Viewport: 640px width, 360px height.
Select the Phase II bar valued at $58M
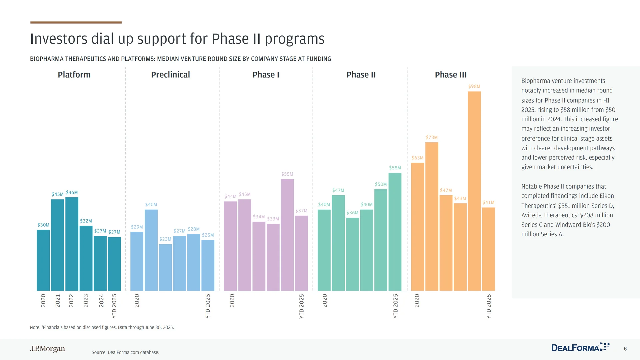click(x=395, y=232)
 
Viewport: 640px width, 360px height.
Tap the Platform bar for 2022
click(x=72, y=244)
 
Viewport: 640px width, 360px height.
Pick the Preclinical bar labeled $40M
click(x=151, y=250)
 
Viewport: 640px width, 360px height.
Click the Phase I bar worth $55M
click(x=287, y=235)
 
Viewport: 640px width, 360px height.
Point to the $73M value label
click(x=432, y=137)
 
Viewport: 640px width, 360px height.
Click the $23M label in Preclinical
click(x=165, y=239)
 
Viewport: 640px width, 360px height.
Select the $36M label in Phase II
click(x=352, y=213)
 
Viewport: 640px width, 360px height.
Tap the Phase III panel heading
click(x=451, y=75)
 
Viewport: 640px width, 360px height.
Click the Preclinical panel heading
click(x=170, y=75)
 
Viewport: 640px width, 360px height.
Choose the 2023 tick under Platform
click(x=86, y=300)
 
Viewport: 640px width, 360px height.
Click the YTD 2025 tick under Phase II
click(x=396, y=306)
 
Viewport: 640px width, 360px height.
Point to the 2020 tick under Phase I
click(x=232, y=300)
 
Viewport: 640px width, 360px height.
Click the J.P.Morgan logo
click(x=48, y=349)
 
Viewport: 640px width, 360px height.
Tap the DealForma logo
click(x=580, y=348)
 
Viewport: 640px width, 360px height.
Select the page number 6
click(x=625, y=349)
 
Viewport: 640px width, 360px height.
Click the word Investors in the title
click(x=59, y=39)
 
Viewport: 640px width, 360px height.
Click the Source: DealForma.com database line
click(x=125, y=352)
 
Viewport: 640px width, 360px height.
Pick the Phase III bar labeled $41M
click(x=488, y=249)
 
